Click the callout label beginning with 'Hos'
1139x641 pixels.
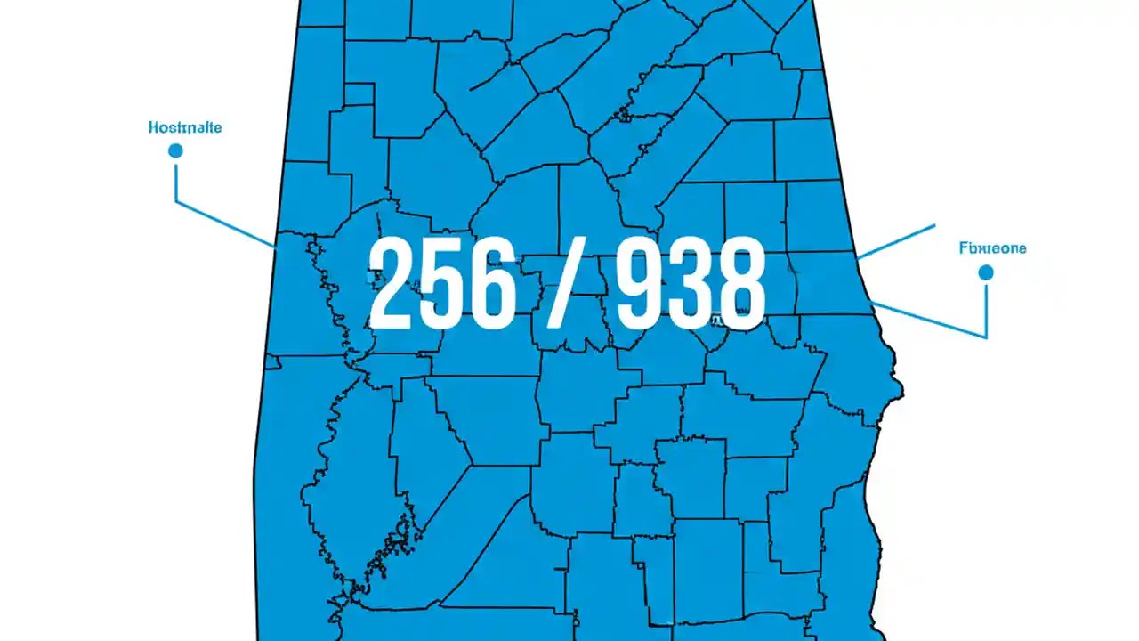pyautogui.click(x=185, y=127)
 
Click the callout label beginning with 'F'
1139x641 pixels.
pyautogui.click(x=992, y=248)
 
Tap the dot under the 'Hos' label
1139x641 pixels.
pyautogui.click(x=175, y=150)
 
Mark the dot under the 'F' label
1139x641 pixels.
pyautogui.click(x=985, y=272)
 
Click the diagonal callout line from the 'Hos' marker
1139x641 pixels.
pyautogui.click(x=224, y=223)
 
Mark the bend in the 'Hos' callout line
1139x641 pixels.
pyautogui.click(x=175, y=201)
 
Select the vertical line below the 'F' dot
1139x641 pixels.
pyautogui.click(x=986, y=308)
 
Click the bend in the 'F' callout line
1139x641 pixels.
pyautogui.click(x=986, y=337)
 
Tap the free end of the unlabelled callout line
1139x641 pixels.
pyautogui.click(x=934, y=226)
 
